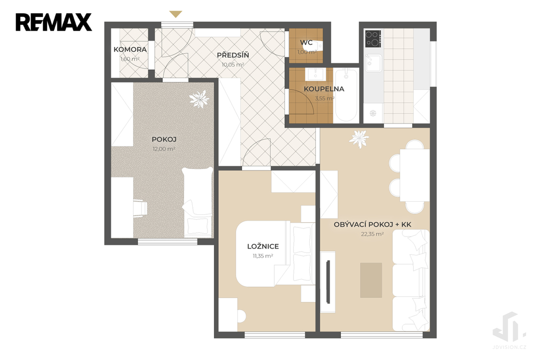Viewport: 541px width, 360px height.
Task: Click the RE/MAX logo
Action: (53, 22)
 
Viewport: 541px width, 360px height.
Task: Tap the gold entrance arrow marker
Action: (175, 14)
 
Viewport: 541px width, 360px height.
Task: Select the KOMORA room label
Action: (130, 50)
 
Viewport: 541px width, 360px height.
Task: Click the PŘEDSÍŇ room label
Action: (233, 55)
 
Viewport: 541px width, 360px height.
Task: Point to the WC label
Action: (306, 43)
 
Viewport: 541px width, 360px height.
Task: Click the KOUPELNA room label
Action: (324, 89)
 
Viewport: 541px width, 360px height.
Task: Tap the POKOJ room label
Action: (164, 140)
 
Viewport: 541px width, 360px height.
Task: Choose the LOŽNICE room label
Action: (263, 247)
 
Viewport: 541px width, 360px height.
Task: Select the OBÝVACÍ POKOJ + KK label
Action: (372, 224)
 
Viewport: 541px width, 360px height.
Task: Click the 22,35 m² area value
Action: (372, 234)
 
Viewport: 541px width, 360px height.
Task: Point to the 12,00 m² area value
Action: (164, 149)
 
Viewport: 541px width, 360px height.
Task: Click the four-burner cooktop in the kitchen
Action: (374, 39)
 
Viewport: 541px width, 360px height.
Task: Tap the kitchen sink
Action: (374, 63)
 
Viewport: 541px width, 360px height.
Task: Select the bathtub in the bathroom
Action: (346, 95)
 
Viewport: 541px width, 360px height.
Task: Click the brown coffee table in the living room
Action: (371, 280)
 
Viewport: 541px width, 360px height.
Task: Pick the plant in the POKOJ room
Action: (199, 99)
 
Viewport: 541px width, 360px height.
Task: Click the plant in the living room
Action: (359, 139)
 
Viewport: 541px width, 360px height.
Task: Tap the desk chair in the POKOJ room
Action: (141, 208)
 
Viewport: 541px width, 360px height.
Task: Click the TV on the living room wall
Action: (328, 282)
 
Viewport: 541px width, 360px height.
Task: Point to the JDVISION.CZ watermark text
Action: (509, 347)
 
